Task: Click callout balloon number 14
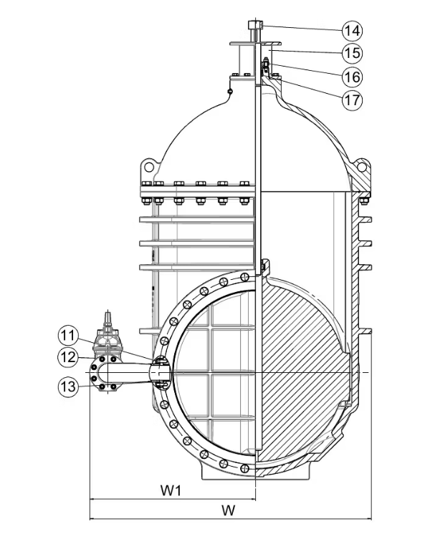[x=351, y=30]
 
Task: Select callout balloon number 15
[x=351, y=53]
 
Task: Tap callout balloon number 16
[x=351, y=76]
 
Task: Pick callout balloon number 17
[x=351, y=99]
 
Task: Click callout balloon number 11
[x=68, y=334]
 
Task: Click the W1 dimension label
[x=170, y=491]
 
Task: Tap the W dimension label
[x=229, y=510]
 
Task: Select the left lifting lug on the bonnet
[x=150, y=167]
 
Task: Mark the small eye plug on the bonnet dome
[x=229, y=90]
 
